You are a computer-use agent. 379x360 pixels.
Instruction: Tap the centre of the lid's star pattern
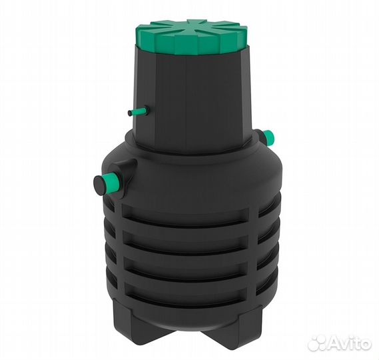191,25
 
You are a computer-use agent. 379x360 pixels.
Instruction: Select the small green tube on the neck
138,111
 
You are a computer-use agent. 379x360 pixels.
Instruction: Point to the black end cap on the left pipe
99,185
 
